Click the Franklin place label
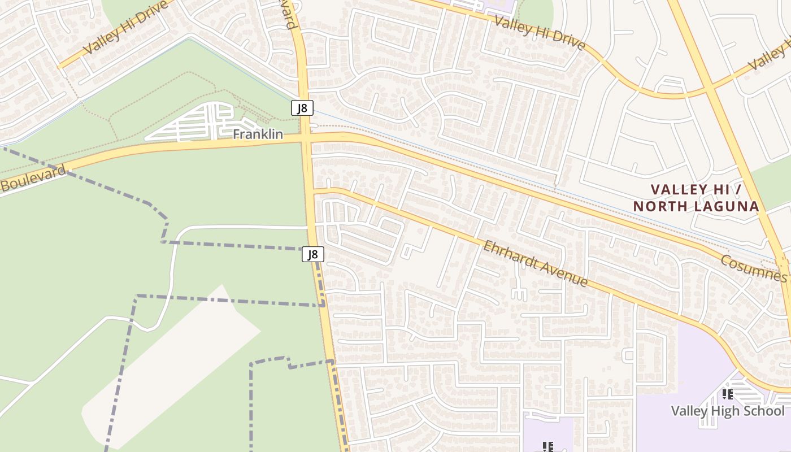pos(258,134)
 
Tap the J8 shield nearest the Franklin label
pos(302,108)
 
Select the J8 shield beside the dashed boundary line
pos(312,254)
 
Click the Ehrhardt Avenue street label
pos(535,263)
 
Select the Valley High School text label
pos(728,411)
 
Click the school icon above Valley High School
pos(727,394)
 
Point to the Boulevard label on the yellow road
pos(32,178)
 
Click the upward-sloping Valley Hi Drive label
pos(125,28)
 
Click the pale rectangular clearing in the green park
pos(169,367)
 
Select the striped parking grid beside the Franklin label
pos(198,123)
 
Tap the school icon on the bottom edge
pos(547,447)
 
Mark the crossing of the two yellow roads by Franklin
pos(306,139)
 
